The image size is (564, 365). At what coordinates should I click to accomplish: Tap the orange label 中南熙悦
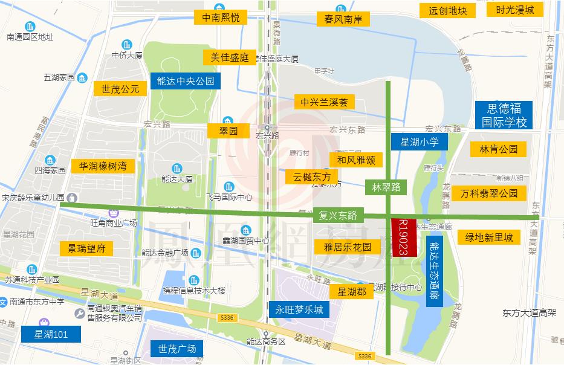point(221,18)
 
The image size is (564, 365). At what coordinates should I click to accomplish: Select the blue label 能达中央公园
point(185,80)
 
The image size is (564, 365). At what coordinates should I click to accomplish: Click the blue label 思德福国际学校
point(504,115)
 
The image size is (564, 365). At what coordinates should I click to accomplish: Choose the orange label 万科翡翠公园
point(488,193)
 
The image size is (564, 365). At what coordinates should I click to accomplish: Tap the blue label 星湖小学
point(424,142)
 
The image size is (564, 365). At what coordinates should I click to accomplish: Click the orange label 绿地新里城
point(488,237)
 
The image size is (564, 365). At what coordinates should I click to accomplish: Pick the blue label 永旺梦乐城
point(299,311)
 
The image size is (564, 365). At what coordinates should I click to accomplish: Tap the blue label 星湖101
point(50,334)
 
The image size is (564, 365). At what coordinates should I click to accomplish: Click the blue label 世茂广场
point(177,349)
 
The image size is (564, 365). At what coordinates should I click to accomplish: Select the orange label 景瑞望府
point(86,248)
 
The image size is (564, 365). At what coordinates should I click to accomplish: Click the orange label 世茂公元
point(120,89)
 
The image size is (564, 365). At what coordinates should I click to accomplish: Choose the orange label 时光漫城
point(514,10)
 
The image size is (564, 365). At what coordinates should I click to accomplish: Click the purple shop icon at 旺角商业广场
point(113,212)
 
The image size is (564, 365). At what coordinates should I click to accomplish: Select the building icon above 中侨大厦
point(127,45)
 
